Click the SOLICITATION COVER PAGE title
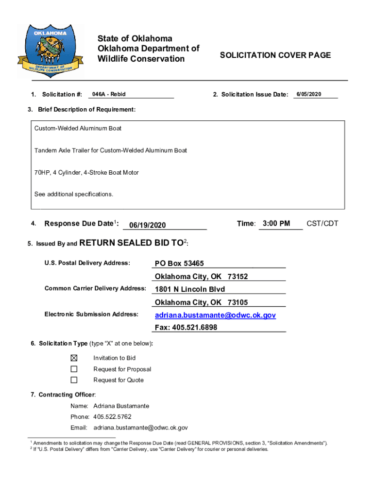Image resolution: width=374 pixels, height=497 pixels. coord(275,55)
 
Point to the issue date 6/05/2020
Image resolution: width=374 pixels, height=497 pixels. coord(308,94)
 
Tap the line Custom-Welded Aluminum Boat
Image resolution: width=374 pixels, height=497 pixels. coord(78,129)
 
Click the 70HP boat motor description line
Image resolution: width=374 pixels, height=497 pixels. coord(86,172)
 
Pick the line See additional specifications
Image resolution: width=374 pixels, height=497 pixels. coord(73,194)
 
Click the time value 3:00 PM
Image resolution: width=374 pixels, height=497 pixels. coord(276,224)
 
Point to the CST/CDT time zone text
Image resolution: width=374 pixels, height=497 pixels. coord(322,224)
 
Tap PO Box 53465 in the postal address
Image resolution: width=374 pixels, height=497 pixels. coord(179,264)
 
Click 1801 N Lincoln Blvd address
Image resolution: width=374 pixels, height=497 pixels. coord(190,289)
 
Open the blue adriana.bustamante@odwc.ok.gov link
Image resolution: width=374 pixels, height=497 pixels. coord(215,315)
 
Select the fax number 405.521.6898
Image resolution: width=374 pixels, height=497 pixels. coord(186,328)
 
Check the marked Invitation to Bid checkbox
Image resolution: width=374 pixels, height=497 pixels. coord(74,358)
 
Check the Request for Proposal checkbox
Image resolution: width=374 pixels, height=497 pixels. coord(74,369)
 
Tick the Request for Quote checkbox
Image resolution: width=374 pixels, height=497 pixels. coord(74,380)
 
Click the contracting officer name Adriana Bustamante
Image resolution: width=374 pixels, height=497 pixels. coord(121,406)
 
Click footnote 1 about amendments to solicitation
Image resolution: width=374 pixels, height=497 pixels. coord(180,443)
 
